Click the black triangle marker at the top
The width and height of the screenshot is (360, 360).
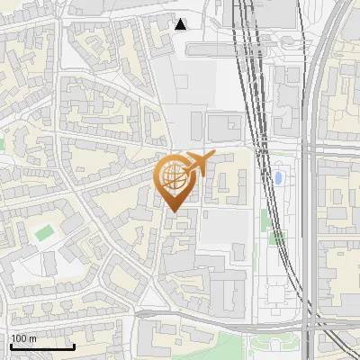coord(181,24)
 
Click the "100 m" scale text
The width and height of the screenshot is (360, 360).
coord(23,338)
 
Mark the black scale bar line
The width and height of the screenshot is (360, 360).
coord(42,346)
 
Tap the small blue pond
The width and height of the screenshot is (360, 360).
coord(280,177)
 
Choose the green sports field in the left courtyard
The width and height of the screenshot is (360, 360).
coord(44,233)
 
